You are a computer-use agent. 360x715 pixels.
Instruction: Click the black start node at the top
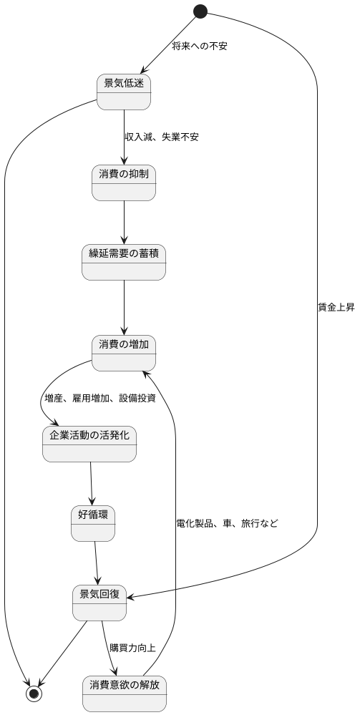200,11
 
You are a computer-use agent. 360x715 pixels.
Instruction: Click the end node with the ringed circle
33,694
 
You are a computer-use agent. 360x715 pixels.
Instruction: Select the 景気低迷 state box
124,92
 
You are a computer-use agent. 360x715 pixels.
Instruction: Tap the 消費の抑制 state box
124,183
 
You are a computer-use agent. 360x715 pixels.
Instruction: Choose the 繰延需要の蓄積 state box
124,262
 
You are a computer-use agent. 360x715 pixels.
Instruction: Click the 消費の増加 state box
124,353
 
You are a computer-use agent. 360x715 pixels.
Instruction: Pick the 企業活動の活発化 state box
89,444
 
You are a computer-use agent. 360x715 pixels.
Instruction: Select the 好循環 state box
93,523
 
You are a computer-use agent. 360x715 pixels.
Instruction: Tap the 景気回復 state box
100,603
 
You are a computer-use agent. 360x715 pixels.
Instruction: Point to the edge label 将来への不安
200,47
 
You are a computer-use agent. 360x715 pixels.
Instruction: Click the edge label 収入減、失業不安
161,137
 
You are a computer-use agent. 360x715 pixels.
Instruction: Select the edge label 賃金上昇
336,308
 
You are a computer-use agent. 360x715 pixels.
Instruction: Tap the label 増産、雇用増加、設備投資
100,399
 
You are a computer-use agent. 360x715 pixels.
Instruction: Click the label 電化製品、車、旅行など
227,524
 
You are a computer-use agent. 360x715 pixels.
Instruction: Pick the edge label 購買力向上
132,648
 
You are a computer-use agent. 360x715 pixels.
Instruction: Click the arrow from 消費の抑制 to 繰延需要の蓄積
125,222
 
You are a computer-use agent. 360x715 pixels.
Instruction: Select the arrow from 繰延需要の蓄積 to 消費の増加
125,308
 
